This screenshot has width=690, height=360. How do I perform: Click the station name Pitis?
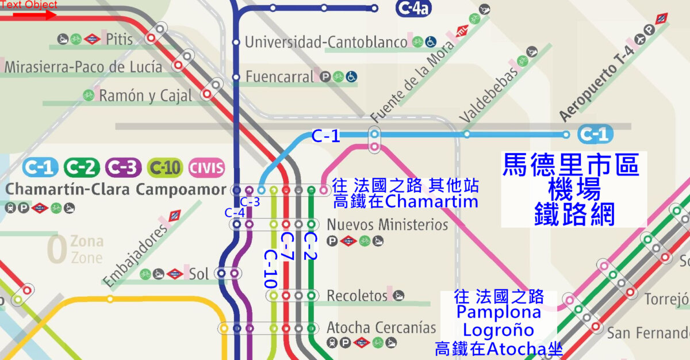click(119, 39)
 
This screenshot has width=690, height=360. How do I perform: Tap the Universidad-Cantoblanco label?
click(327, 42)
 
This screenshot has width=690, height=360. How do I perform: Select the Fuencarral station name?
click(280, 76)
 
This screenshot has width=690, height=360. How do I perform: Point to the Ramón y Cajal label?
click(145, 95)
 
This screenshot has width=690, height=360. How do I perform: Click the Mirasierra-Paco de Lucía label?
click(83, 67)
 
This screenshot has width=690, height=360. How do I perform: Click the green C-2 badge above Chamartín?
click(81, 167)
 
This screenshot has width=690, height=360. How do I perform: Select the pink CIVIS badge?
click(206, 167)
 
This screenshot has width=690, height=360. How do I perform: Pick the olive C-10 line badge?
click(165, 167)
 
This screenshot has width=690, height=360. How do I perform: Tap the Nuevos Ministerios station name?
click(387, 224)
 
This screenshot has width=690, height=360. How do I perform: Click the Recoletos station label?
click(357, 296)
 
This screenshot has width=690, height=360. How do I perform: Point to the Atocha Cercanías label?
click(381, 328)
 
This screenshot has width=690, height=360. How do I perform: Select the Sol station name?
click(199, 274)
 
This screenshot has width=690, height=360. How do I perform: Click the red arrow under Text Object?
click(34, 15)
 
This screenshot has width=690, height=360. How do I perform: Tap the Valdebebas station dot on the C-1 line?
click(466, 135)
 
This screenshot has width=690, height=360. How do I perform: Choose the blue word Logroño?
click(498, 331)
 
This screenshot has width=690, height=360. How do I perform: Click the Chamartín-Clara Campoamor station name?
click(116, 189)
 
